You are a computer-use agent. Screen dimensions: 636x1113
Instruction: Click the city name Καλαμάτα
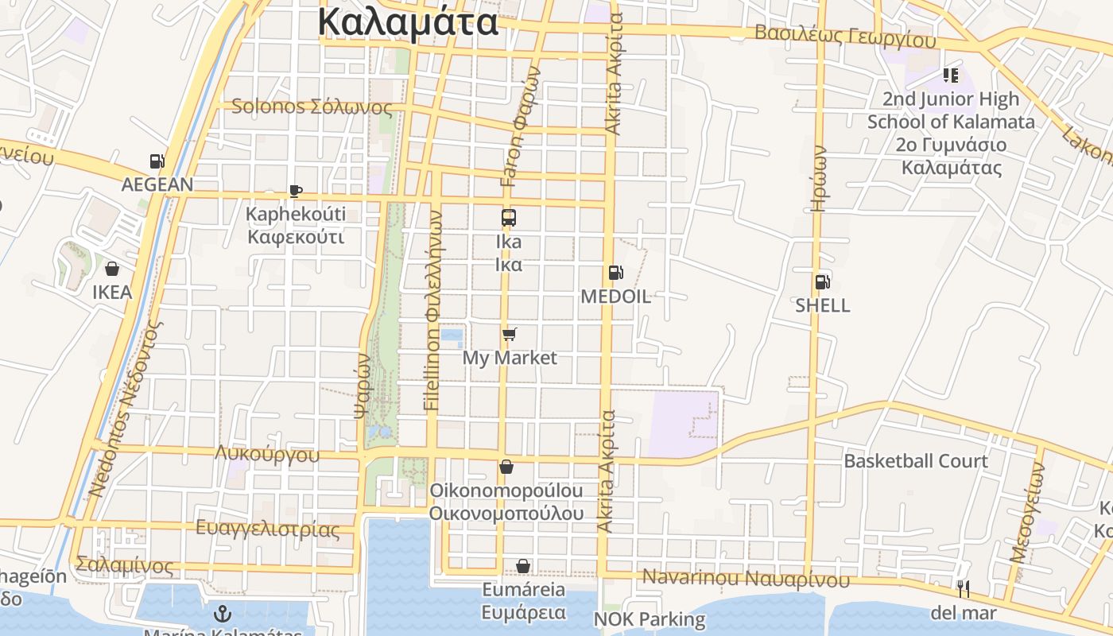tap(408, 22)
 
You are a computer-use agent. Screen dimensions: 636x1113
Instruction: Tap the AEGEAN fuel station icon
tap(157, 161)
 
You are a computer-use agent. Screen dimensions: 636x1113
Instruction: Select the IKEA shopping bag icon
tap(112, 269)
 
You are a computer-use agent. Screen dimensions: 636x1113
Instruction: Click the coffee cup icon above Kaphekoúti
tap(295, 191)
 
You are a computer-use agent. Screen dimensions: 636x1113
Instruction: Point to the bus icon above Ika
tap(508, 217)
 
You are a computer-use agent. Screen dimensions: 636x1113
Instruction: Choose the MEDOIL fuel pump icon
tap(615, 273)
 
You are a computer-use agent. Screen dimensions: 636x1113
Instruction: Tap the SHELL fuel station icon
tap(822, 281)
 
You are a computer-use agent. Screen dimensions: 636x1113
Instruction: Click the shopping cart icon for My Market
tap(510, 334)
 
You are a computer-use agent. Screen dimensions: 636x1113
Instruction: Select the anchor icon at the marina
tap(223, 613)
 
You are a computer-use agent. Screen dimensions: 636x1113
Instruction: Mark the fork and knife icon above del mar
tap(963, 589)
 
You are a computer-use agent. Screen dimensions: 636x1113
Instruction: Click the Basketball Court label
tap(916, 461)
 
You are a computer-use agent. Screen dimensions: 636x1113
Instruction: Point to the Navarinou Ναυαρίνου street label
tap(746, 578)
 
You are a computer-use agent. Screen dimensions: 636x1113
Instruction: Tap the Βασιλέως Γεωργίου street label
tap(845, 36)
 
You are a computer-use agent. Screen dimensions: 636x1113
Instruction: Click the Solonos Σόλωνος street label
tap(312, 107)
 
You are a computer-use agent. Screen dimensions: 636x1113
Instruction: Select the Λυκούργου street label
tap(267, 454)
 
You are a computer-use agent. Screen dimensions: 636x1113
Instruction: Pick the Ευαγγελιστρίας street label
tap(267, 529)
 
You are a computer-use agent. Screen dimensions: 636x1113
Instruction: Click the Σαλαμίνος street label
tap(124, 565)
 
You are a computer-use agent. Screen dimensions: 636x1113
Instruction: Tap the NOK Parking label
tap(650, 619)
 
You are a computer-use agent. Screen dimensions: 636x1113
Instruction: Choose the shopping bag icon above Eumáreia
tap(523, 566)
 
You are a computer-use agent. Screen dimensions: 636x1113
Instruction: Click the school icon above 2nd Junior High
tap(950, 76)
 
